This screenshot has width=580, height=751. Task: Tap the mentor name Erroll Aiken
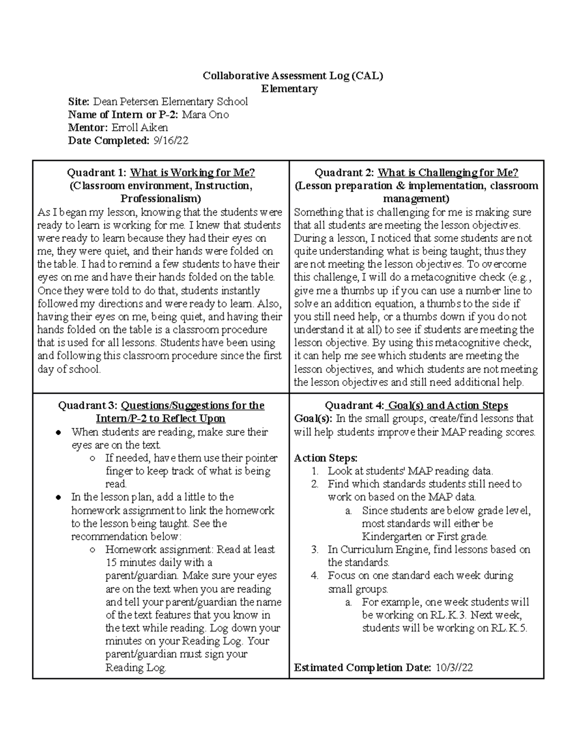point(140,128)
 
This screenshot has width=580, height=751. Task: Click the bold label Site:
point(79,102)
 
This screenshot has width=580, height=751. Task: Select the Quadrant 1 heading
point(160,173)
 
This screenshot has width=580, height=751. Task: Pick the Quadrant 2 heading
point(416,173)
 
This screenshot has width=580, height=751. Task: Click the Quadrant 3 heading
point(160,405)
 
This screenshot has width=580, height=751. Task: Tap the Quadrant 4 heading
point(416,405)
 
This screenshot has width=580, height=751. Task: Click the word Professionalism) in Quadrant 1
point(160,199)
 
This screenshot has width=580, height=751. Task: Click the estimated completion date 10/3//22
point(454,668)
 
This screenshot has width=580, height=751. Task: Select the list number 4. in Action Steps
point(315,575)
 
